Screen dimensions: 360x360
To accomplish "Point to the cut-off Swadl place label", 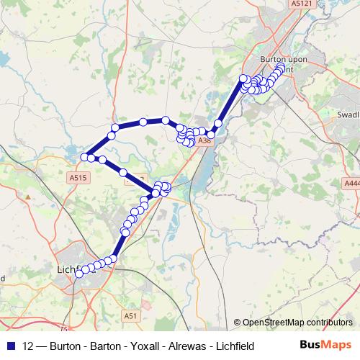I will (348, 114).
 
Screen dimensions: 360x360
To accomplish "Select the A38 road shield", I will (205, 141).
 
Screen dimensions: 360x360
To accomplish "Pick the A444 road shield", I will (351, 184).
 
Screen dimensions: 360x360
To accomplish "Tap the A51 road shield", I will (130, 315).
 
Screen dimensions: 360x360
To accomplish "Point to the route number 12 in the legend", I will (27, 346).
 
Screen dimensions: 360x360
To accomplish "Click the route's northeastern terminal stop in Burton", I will (280, 68).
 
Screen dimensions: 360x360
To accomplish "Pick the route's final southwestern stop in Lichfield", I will (78, 274).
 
